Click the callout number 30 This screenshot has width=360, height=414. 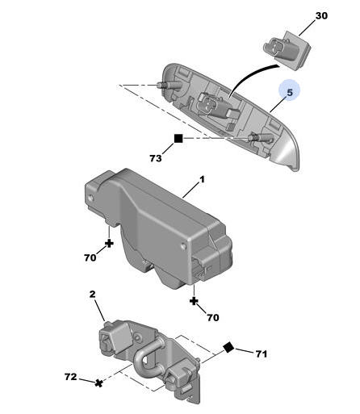coord(321,16)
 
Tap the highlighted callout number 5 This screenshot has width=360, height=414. coord(290,93)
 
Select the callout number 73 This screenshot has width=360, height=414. coord(156,158)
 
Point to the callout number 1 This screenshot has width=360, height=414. coord(202,179)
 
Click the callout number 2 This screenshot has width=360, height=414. coord(92,294)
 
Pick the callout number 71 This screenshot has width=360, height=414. coord(262,353)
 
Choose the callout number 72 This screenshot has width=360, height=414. coord(70,377)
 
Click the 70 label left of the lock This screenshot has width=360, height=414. coord(90,257)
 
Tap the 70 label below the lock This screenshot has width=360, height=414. coord(213,317)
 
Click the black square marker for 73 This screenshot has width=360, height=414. coord(178,139)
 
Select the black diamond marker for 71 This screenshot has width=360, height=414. coord(228,347)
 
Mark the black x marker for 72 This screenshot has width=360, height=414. coord(99,383)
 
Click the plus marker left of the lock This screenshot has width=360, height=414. coord(109,244)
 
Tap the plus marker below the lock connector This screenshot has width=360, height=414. coord(194,301)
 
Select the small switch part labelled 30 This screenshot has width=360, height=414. coord(287,50)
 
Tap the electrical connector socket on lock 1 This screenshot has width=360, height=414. coord(201,267)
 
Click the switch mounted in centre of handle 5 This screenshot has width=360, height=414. coord(216,107)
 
